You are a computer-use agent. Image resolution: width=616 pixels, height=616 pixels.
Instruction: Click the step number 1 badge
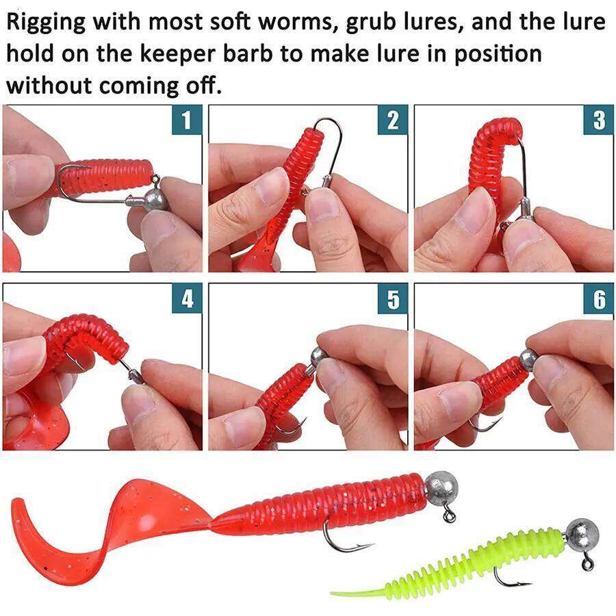coord(186,120)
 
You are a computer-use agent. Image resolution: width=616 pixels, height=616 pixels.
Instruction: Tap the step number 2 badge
coord(392,120)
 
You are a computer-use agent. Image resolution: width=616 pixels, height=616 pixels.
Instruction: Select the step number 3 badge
coord(599,120)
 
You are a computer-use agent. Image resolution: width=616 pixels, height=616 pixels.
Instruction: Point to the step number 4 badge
coord(186,299)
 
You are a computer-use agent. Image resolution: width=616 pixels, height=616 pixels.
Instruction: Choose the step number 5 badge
coord(392,299)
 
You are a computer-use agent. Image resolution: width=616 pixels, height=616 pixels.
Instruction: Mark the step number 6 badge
coord(599,299)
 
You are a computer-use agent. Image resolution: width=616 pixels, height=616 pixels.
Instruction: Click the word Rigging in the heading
coord(47,23)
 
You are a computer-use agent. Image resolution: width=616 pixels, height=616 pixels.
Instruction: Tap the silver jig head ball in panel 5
coord(318,357)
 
